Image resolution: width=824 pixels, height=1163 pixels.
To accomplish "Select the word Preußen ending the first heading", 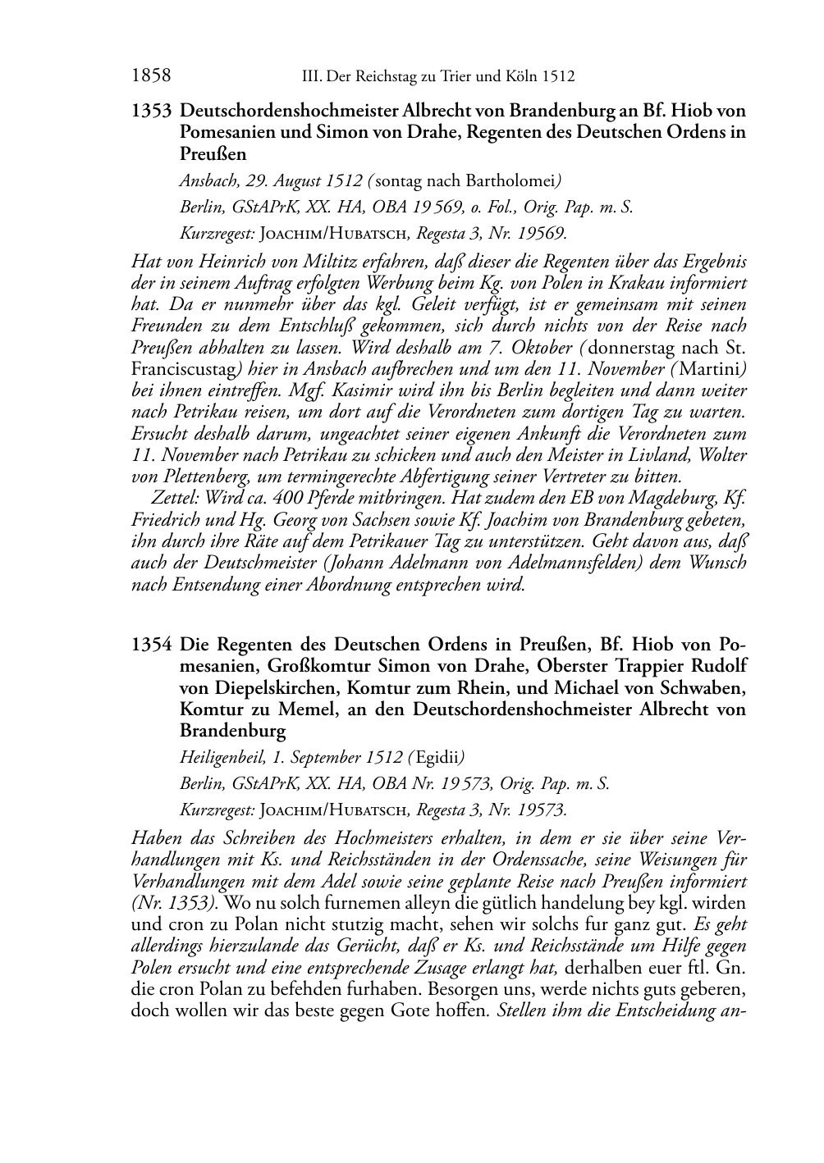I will [213, 153].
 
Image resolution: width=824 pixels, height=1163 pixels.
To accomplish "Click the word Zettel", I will [173, 498].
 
